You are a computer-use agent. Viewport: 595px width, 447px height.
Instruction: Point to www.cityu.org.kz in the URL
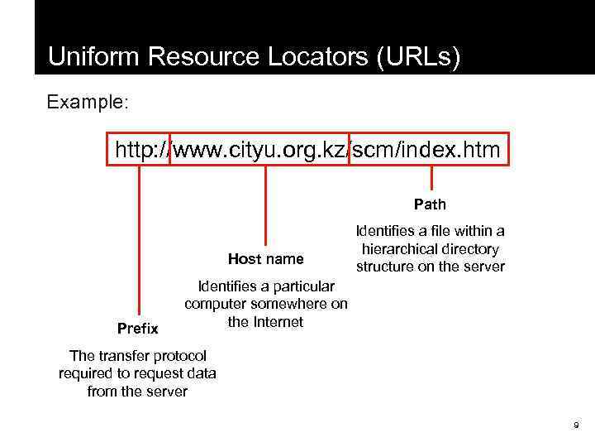[260, 150]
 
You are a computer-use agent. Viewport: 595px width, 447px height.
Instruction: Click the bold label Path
[430, 204]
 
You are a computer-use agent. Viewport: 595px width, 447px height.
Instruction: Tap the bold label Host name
[265, 259]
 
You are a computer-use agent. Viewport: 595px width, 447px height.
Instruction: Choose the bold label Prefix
[138, 329]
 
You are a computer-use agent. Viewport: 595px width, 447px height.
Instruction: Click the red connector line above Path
[431, 179]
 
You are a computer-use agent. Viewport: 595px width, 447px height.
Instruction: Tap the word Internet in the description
[277, 321]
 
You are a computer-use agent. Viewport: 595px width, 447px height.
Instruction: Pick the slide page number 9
[576, 425]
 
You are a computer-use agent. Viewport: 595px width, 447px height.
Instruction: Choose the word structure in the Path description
[386, 267]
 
